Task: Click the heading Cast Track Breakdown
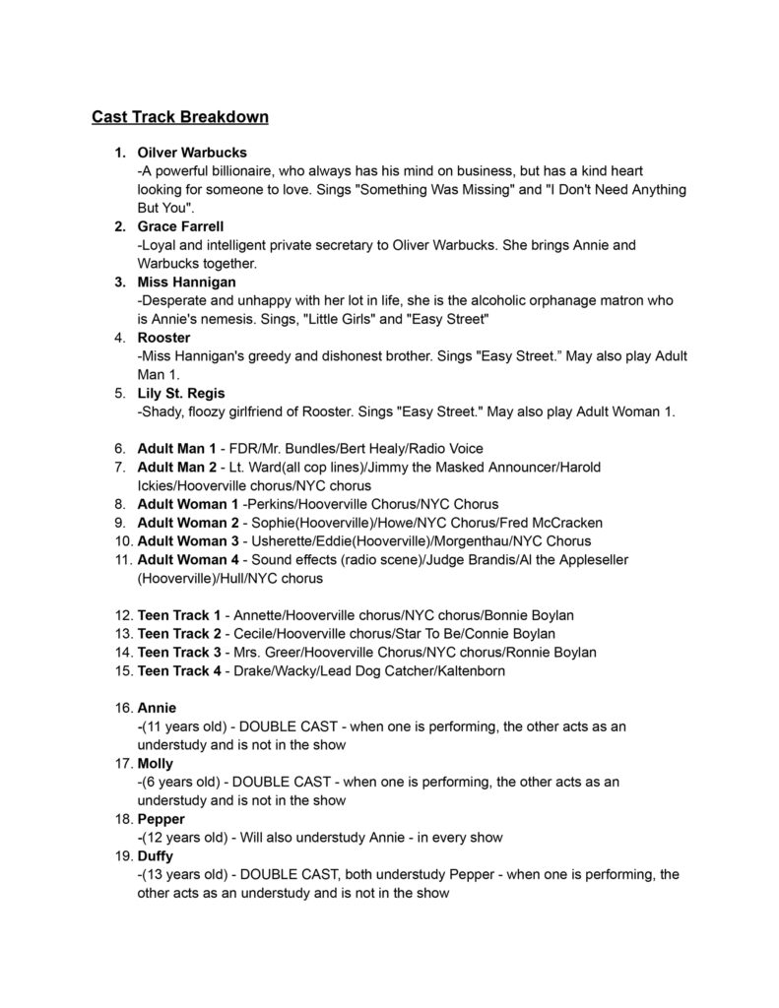click(x=180, y=117)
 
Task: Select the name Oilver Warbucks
click(x=192, y=153)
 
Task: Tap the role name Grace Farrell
click(x=180, y=226)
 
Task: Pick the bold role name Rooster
click(x=164, y=338)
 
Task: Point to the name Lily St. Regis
click(x=182, y=393)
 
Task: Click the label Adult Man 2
click(x=176, y=467)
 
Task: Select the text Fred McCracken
click(x=554, y=522)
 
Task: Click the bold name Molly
click(x=156, y=763)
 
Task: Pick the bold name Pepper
click(x=161, y=819)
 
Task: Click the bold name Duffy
click(x=156, y=855)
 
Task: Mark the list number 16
click(x=123, y=708)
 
